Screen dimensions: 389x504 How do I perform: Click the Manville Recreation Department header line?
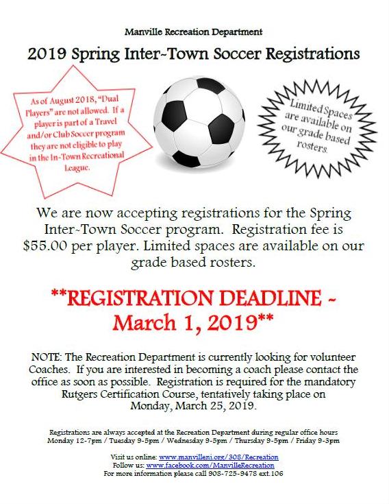193,32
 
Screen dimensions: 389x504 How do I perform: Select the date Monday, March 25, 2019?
194,405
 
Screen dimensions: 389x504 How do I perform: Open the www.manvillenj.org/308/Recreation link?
218,457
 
